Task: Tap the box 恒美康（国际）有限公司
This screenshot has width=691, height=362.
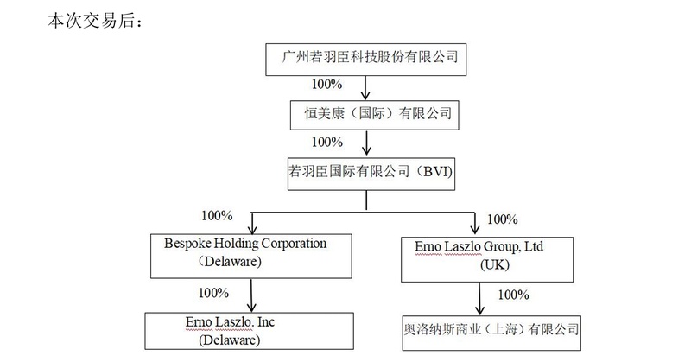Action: tap(371, 113)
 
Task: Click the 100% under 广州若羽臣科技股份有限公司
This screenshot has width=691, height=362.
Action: tap(326, 86)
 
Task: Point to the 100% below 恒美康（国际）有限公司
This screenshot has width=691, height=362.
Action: tap(326, 142)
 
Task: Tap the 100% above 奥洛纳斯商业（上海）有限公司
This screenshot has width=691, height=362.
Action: tap(513, 295)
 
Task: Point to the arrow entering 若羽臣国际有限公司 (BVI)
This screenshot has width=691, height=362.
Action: tap(368, 143)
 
